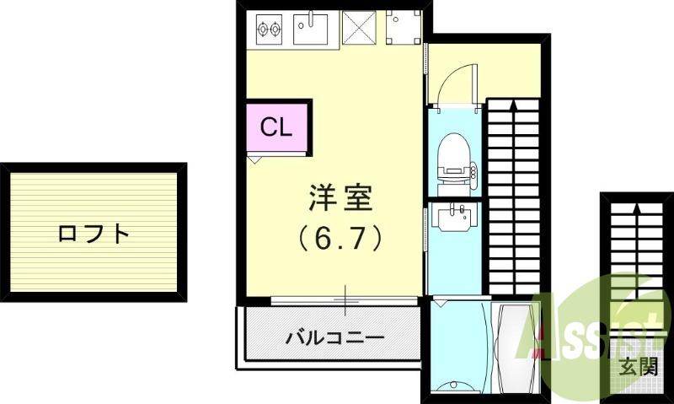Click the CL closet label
point(275,127)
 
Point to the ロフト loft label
point(94,233)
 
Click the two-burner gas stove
point(269,30)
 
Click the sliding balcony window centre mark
point(345,299)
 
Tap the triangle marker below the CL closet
point(253,158)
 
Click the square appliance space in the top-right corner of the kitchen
point(403,28)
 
